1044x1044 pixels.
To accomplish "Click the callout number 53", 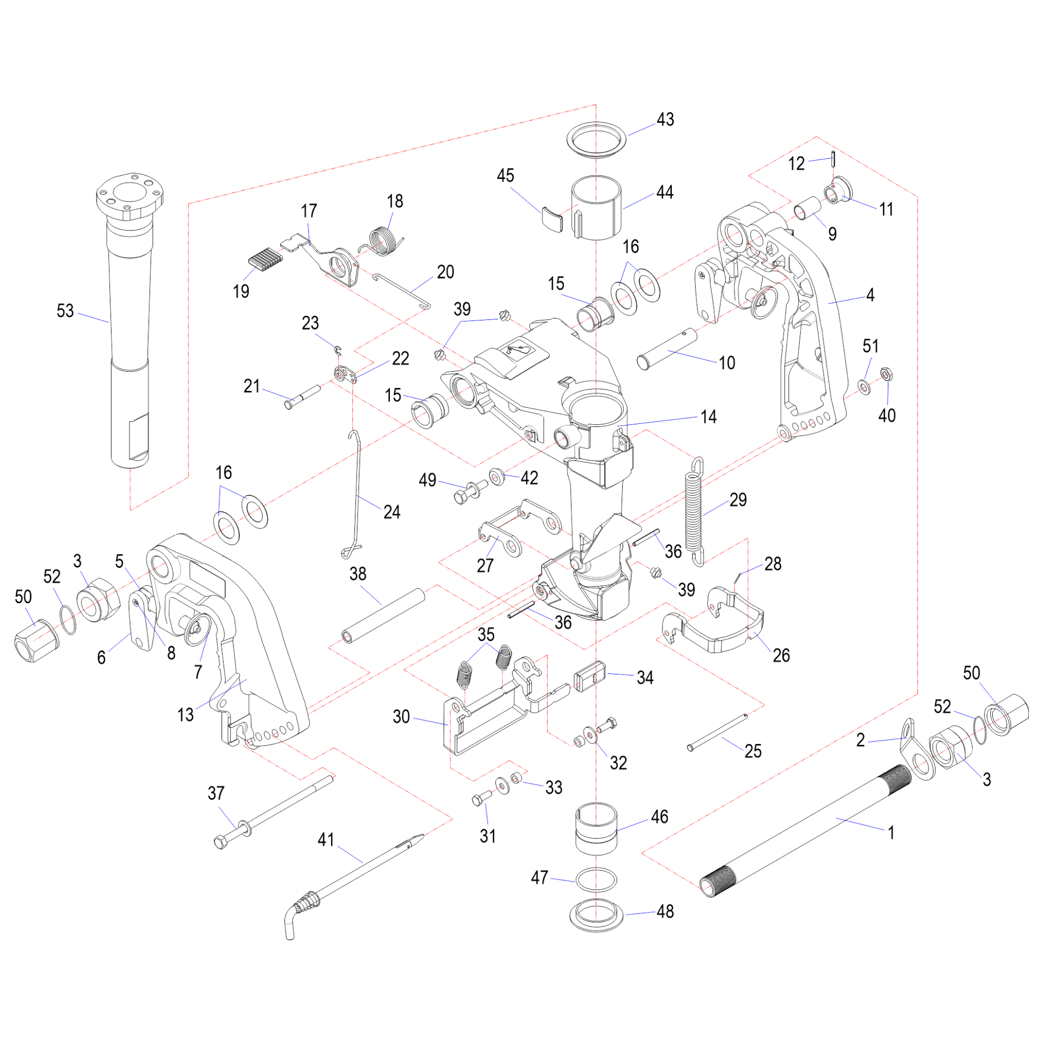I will tap(65, 311).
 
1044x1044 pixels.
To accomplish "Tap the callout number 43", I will tap(665, 120).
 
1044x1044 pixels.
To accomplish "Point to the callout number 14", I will tap(708, 417).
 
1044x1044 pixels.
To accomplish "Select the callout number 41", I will tap(326, 839).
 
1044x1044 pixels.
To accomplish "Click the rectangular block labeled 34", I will tap(589, 676).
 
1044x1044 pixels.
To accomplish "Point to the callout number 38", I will tap(358, 574).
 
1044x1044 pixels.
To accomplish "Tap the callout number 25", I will tap(753, 751).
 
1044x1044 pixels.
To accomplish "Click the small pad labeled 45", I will tap(551, 217).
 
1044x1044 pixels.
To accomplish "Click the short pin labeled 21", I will tap(303, 396).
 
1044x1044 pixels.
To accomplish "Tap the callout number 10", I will tap(727, 363).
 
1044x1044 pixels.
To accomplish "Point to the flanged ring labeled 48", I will tap(597, 915).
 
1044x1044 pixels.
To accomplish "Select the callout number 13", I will tap(185, 715).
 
